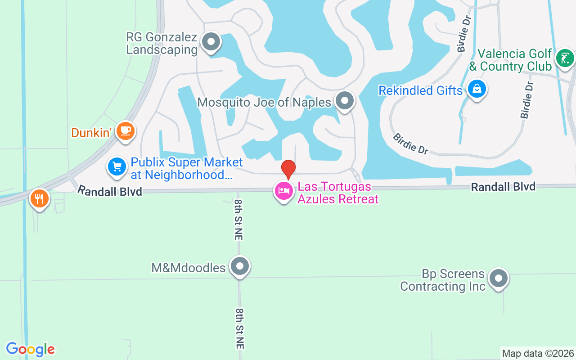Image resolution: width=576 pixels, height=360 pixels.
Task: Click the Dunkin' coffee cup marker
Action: coord(126,131)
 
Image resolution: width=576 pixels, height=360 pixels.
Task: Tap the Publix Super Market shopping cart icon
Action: coord(117,167)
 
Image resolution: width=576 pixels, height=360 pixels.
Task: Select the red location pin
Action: coord(288,169)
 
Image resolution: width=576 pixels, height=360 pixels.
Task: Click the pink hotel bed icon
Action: coord(284,191)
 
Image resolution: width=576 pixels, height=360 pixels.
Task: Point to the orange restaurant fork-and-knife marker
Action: coord(40,198)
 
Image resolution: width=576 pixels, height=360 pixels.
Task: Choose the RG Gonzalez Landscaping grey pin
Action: coord(210,42)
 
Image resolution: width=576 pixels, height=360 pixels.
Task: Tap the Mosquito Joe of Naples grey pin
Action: coord(345,101)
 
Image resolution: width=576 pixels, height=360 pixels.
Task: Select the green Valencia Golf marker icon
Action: coord(565,58)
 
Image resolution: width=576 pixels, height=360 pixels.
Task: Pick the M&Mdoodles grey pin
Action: coord(239,266)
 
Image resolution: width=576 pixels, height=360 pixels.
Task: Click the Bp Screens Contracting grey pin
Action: coord(498,279)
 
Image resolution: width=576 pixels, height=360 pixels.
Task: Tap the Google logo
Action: coord(30,349)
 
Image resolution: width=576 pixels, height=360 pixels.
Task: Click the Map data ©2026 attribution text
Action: coord(538,354)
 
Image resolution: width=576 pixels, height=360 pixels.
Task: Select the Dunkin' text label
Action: coord(91,133)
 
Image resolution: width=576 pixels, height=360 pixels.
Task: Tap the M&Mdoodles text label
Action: coord(188,268)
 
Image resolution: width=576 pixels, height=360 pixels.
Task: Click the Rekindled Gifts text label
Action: coord(420,90)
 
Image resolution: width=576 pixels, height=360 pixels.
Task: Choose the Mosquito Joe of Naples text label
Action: coord(264,102)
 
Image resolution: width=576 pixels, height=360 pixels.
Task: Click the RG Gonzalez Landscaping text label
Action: coord(162,43)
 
